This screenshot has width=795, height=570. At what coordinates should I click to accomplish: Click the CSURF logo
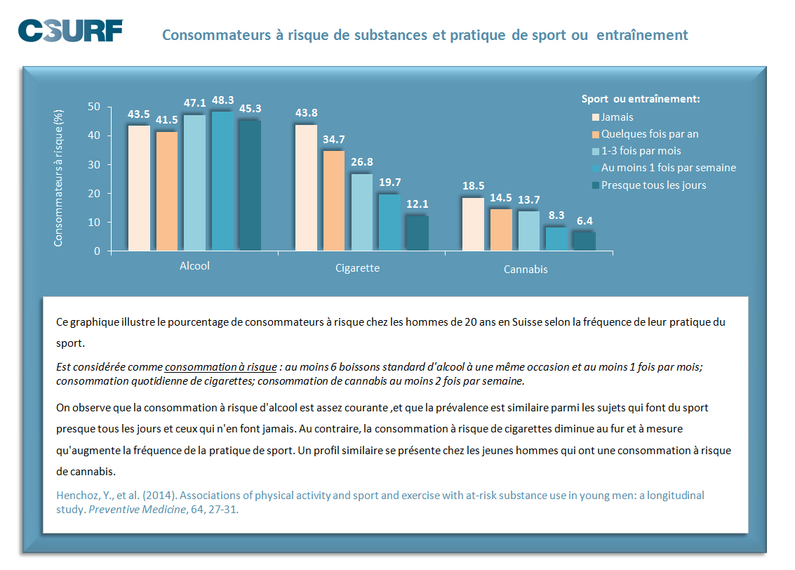(x=70, y=31)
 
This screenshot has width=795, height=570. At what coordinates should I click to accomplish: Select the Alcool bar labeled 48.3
(x=222, y=180)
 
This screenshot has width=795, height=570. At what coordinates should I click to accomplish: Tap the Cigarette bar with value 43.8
(x=306, y=187)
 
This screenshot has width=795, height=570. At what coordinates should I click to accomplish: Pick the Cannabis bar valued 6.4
(x=584, y=241)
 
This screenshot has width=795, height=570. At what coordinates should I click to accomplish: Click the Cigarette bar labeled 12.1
(x=417, y=233)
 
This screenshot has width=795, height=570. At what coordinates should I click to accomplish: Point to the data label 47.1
(x=194, y=103)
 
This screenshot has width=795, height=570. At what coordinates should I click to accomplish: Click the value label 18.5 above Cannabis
(x=473, y=186)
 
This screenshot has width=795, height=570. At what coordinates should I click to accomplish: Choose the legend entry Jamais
(x=617, y=117)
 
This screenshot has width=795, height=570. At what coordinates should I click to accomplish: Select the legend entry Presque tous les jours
(x=653, y=185)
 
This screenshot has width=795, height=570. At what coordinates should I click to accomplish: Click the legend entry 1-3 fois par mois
(x=641, y=151)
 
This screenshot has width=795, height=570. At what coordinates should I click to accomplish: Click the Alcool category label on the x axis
(x=194, y=266)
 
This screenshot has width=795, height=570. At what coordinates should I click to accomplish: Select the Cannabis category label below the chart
(x=526, y=269)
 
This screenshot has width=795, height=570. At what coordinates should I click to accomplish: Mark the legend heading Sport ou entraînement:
(x=641, y=99)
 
